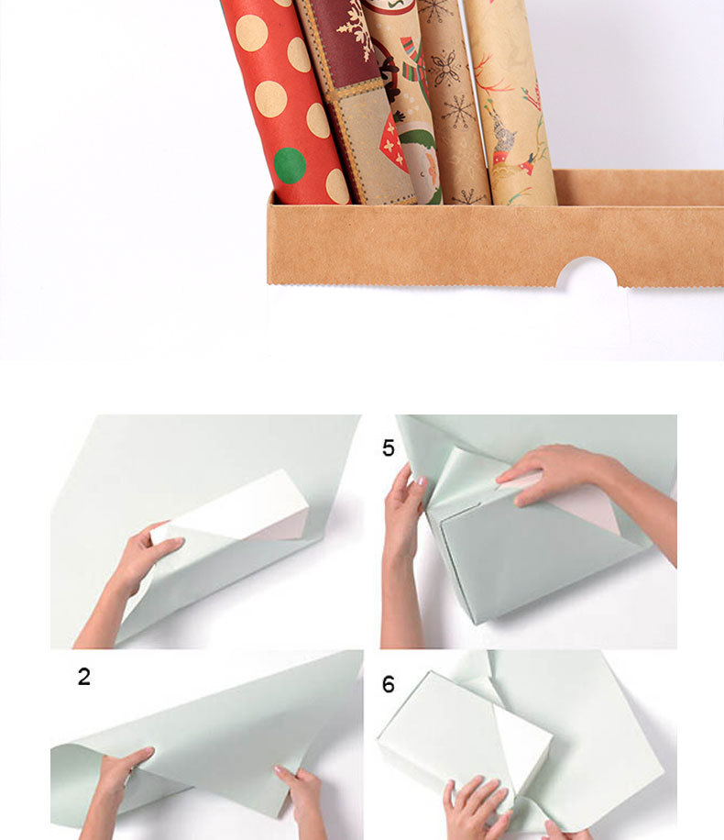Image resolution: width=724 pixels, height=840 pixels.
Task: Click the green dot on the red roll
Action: point(290,164)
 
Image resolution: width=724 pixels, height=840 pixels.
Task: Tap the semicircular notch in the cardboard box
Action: point(587,272)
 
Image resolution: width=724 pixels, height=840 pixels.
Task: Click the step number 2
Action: point(84,677)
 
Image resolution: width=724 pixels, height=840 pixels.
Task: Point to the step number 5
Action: point(389,448)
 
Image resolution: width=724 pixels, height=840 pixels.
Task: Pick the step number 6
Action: point(389,684)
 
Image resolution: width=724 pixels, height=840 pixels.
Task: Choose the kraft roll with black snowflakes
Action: point(453,102)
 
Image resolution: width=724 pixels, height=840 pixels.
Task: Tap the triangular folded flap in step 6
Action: point(523,750)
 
